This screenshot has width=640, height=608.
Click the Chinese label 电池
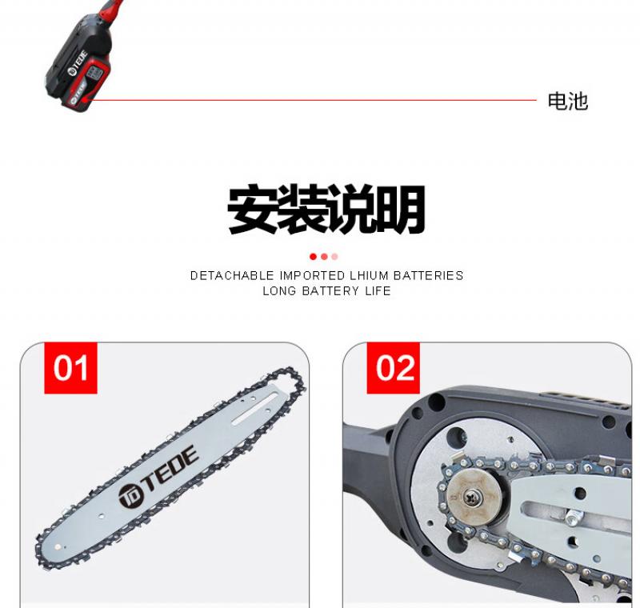[x=567, y=101]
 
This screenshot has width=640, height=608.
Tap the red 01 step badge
[x=70, y=368]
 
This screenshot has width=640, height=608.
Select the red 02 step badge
[x=393, y=368]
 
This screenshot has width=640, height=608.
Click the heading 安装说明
[x=326, y=210]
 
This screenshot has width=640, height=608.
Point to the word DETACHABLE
[x=232, y=276]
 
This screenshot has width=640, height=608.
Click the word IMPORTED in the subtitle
[x=312, y=276]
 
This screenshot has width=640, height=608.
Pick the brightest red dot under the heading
[x=313, y=257]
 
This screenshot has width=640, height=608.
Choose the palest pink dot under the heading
[x=334, y=257]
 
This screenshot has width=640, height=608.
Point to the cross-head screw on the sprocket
[x=474, y=497]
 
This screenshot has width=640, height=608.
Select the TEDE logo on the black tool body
[x=78, y=63]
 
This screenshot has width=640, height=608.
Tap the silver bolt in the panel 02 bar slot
[x=574, y=517]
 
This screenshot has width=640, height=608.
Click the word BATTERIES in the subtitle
[x=429, y=276]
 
